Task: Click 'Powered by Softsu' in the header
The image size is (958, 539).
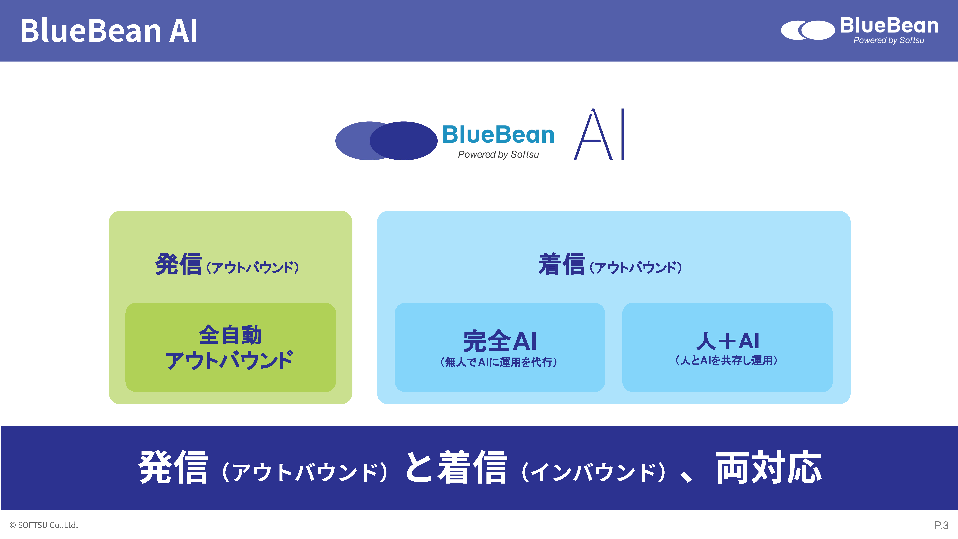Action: point(888,40)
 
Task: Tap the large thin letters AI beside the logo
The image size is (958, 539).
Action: point(599,135)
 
